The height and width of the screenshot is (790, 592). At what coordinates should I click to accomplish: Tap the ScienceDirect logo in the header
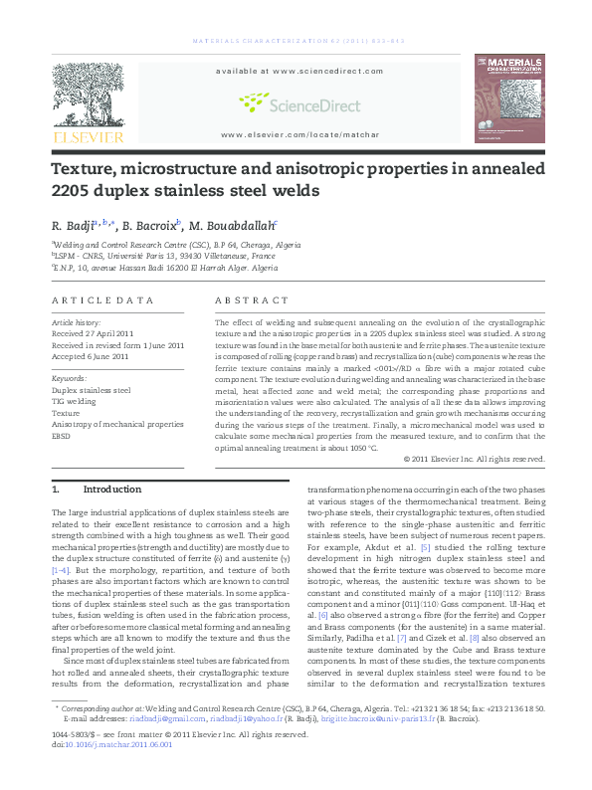coord(295,101)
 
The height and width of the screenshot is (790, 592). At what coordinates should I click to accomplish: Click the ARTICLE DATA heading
coord(103,299)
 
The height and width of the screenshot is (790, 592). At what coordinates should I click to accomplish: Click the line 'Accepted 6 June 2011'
coord(91,355)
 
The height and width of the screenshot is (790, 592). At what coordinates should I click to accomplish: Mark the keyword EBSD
coord(63,435)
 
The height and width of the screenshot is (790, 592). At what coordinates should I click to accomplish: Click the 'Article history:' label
coord(77,323)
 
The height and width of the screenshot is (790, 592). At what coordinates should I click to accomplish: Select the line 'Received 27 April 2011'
coord(95,334)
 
